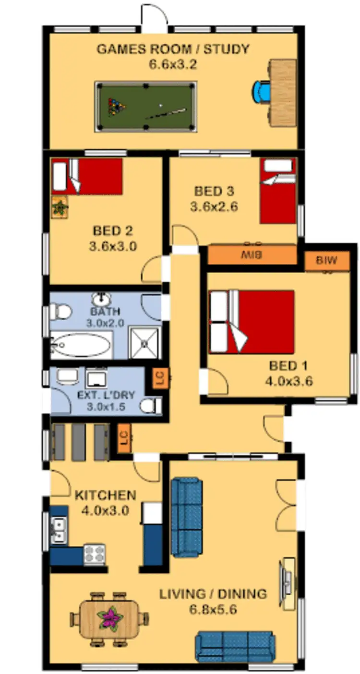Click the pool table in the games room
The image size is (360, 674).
pos(146,107)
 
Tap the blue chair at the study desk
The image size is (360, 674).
pos(262,92)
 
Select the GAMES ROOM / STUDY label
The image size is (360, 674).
pos(173,49)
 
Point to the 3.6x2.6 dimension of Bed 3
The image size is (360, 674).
pos(214,207)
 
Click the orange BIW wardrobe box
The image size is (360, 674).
pos(326,261)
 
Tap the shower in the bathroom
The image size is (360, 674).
pos(145,342)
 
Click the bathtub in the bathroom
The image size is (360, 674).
pos(81,345)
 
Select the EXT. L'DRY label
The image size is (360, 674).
pos(106,396)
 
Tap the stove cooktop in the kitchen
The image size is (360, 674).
pos(95,554)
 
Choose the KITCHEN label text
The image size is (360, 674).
pos(105,495)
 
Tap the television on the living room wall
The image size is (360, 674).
pos(287,583)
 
